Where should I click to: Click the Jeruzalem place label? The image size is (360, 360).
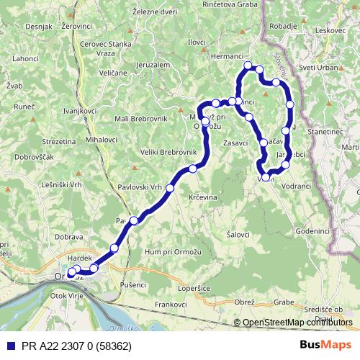pos(151,65)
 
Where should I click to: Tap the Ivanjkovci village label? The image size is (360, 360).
pos(80,112)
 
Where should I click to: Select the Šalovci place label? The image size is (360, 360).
pos(238,235)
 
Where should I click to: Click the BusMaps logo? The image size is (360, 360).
pos(325,344)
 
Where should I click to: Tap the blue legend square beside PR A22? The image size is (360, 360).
pos(8,345)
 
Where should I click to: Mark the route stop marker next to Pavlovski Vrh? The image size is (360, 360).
pos(170,188)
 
